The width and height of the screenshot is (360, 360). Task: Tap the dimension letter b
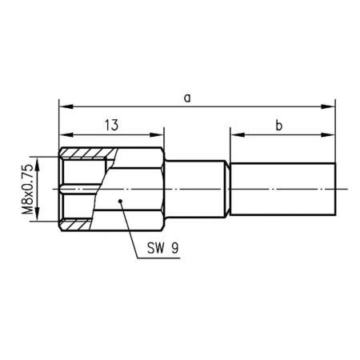(278, 124)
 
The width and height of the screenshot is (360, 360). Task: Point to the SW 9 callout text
(162, 248)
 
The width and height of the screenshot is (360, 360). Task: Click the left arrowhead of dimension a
(63, 106)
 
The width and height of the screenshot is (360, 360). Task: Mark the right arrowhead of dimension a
(330, 106)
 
